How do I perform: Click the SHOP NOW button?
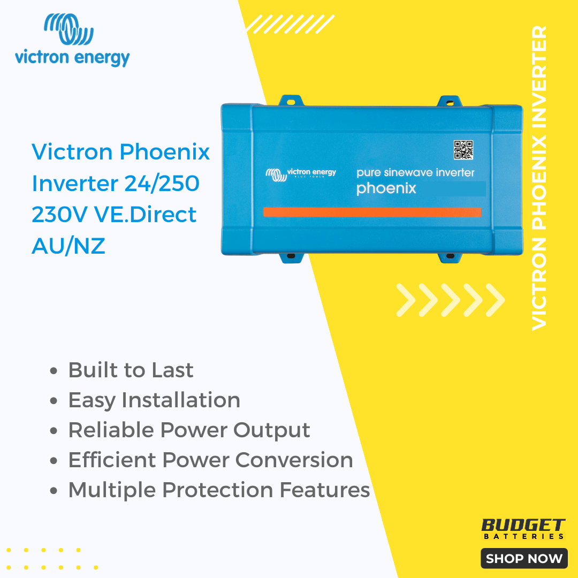tap(524, 558)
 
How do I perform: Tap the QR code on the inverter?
tap(463, 150)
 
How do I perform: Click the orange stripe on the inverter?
tap(372, 212)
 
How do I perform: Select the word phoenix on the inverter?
tap(386, 189)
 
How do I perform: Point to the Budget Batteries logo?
tap(523, 529)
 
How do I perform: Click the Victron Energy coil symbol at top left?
tap(69, 29)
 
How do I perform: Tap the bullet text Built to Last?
tap(131, 370)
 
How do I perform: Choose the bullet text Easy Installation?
tap(154, 400)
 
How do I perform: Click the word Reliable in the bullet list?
tap(111, 430)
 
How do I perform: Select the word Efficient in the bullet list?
tap(112, 460)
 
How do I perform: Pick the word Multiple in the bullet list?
tap(112, 490)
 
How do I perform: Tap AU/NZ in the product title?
tap(69, 246)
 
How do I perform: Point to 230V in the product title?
tap(60, 215)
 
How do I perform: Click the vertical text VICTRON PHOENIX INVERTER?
tap(539, 178)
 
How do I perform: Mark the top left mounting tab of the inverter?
tap(291, 101)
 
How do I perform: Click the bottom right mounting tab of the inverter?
tap(450, 257)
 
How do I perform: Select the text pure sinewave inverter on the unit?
tap(415, 172)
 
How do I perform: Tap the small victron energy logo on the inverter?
tap(301, 174)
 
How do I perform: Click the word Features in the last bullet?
tap(325, 490)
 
